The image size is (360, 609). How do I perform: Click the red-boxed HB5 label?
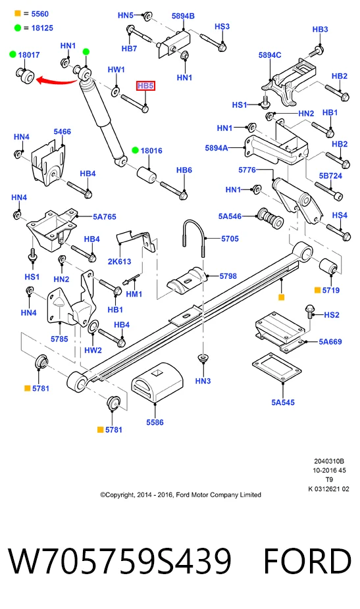click(145, 86)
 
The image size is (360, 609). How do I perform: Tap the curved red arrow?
click(57, 81)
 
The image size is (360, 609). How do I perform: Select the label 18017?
click(29, 55)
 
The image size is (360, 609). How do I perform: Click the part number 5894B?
click(183, 16)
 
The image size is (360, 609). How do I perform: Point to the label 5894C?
click(270, 55)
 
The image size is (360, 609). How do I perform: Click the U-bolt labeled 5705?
click(193, 237)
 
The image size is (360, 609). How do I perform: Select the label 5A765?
click(104, 217)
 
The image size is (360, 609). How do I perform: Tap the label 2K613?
click(119, 261)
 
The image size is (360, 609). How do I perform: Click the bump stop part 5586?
click(157, 383)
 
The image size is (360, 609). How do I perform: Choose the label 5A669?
click(330, 342)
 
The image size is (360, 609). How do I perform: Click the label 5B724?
click(330, 176)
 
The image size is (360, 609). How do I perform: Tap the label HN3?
click(203, 381)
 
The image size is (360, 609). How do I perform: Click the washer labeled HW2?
click(93, 328)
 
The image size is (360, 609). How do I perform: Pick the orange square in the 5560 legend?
click(18, 14)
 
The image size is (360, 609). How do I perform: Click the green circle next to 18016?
click(136, 151)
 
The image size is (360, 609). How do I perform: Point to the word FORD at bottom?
click(307, 561)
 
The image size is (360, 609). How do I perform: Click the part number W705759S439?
click(120, 561)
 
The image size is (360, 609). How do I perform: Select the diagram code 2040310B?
click(329, 462)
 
